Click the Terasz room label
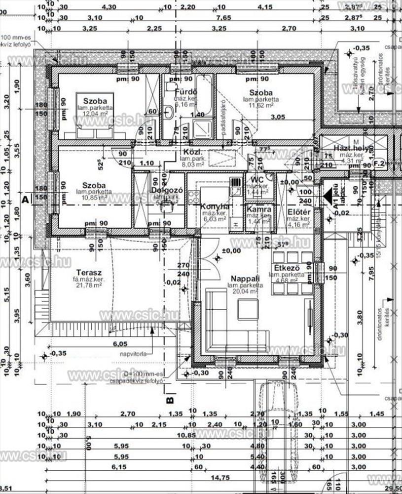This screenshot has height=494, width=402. coord(89,272)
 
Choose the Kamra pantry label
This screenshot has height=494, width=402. coord(259,209)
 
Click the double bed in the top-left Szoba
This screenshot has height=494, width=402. coord(95,111)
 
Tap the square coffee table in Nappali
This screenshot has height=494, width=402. coord(247,309)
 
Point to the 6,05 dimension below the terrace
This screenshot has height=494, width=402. coord(120,344)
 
